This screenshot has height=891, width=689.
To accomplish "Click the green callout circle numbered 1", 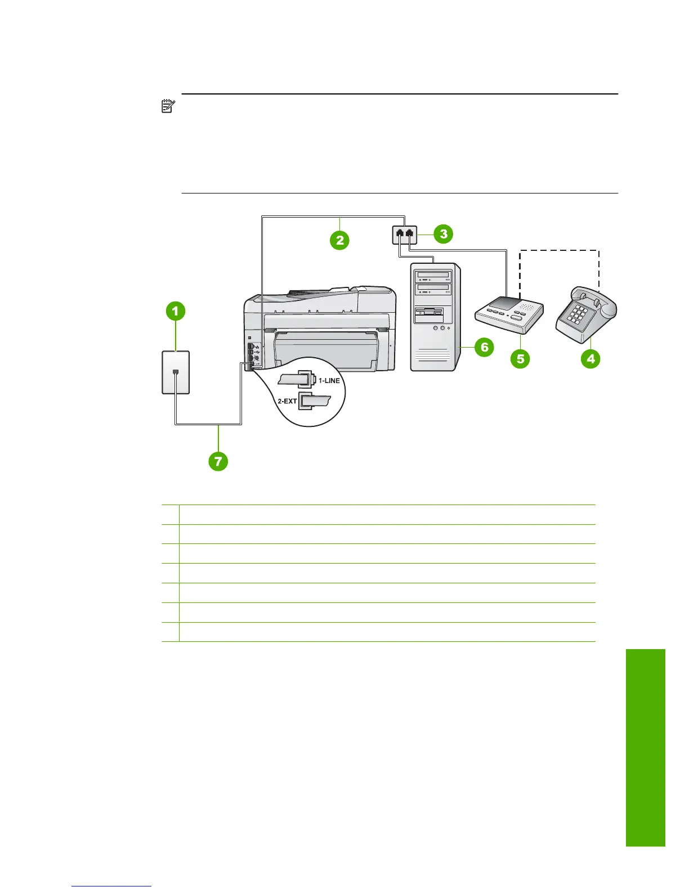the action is tap(175, 310).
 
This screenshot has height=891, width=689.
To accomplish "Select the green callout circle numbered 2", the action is tap(339, 240).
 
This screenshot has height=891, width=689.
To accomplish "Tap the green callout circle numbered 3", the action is tap(444, 233).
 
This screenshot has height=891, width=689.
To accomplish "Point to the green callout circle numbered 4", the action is tap(590, 358).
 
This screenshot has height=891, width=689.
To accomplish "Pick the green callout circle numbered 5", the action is tap(521, 358).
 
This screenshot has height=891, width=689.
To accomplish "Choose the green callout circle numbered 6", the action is tap(484, 347).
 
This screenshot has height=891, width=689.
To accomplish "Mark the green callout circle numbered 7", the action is tap(218, 462).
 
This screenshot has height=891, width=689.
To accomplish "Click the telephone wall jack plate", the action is tap(176, 372).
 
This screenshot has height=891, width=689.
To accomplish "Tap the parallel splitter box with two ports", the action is tap(404, 234).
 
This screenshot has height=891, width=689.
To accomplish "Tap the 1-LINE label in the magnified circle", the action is tap(329, 381).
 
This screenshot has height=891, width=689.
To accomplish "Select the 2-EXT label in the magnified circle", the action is tap(287, 401).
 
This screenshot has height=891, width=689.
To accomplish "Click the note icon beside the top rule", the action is tap(168, 106).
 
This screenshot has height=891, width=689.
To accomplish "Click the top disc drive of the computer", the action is tap(433, 276).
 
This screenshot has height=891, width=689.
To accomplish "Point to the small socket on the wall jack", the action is tap(176, 372).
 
